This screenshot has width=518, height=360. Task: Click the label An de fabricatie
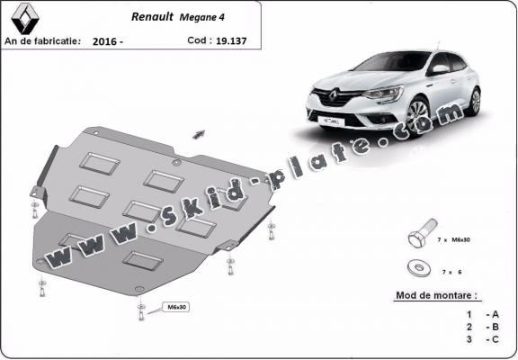[x=42, y=40]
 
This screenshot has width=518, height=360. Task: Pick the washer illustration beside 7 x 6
[x=417, y=266]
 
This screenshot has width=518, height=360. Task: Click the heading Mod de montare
[x=437, y=295]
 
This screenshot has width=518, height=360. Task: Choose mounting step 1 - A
[x=480, y=312]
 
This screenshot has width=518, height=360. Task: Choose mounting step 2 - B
[x=480, y=326]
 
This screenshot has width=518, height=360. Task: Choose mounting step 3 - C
[x=480, y=339]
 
